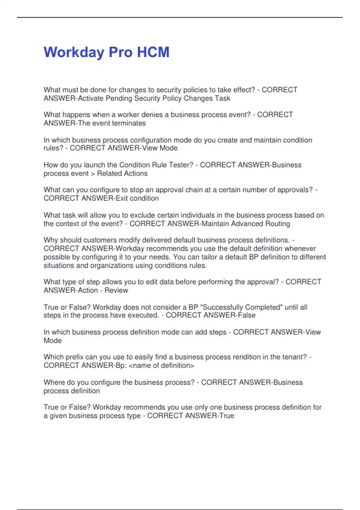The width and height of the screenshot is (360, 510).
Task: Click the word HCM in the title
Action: click(x=153, y=52)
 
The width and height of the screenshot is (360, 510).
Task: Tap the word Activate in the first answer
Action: click(x=91, y=98)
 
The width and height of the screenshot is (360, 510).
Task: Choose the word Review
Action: click(x=116, y=290)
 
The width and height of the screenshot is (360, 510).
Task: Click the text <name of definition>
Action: click(x=161, y=366)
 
